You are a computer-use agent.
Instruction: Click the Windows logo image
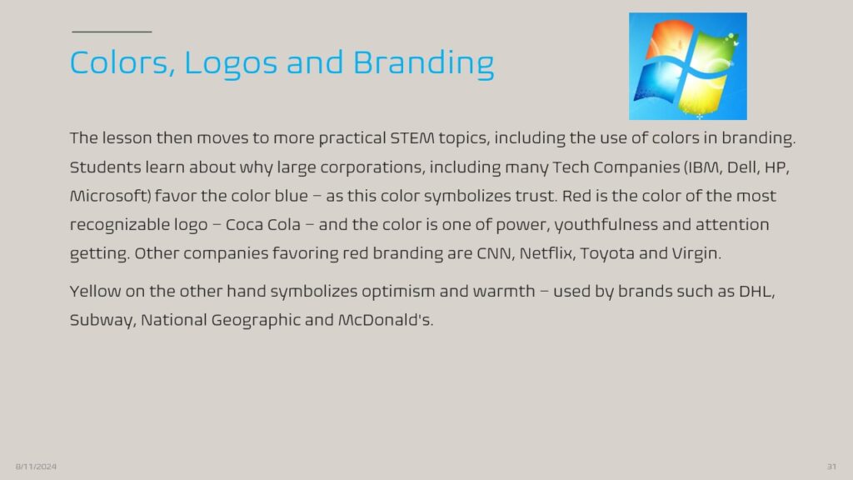click(687, 67)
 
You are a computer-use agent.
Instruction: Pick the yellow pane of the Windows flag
click(701, 93)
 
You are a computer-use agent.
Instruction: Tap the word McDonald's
click(386, 320)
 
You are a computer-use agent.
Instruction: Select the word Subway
click(101, 321)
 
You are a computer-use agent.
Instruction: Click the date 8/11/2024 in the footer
click(36, 467)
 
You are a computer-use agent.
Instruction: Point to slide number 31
click(831, 467)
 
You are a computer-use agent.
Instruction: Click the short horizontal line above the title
click(112, 32)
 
